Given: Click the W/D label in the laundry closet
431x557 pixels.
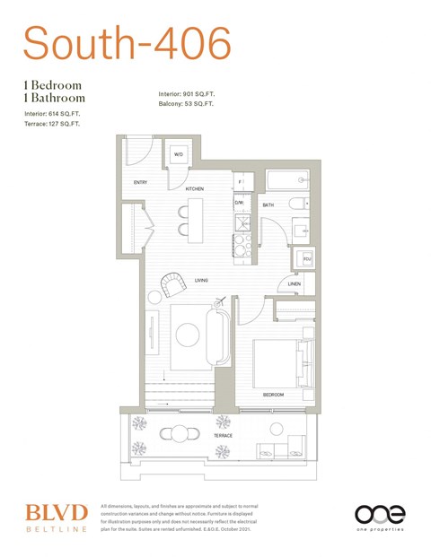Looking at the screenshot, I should tap(179, 154).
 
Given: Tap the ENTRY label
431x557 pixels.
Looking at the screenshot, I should tap(140, 183).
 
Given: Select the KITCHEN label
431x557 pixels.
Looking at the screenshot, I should tap(195, 189).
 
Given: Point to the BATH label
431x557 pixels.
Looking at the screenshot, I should tap(268, 205).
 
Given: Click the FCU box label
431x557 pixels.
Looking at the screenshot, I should tap(306, 261).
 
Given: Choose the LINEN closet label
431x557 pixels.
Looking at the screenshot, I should tap(295, 284).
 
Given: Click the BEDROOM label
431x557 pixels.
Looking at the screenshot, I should tap(273, 395).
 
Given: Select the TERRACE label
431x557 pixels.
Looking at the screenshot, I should tap(223, 436).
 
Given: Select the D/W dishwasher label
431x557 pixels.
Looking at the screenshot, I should tap(240, 204).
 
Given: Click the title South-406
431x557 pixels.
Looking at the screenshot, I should tap(127, 42).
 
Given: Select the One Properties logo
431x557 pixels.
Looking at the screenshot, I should tap(379, 518).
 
